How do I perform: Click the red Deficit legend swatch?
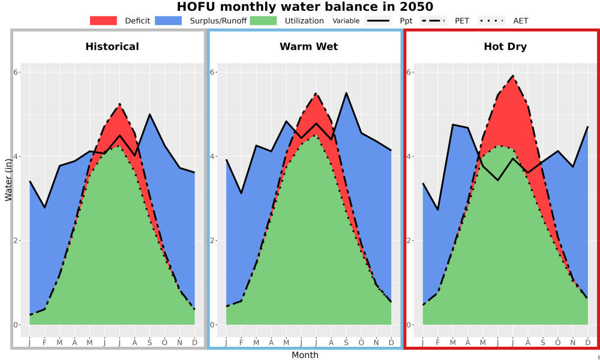point(103,20)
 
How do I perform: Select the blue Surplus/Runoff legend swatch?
point(169,20)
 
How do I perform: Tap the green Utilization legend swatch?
point(263,20)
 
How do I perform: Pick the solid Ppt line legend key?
point(378,20)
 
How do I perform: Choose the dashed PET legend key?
point(433,20)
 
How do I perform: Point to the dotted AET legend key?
point(491,20)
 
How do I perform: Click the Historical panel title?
point(112,47)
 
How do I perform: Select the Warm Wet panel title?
point(309,47)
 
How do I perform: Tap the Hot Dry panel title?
point(505,47)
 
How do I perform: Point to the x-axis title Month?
point(305,355)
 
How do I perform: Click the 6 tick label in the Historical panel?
point(16,73)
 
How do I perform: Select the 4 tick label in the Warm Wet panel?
point(212,157)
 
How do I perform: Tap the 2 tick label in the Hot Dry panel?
point(409,241)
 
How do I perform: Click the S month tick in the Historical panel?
point(149,343)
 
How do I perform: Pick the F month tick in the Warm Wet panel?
point(241,343)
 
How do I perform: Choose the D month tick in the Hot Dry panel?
point(588,343)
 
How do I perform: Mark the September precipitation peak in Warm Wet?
point(346,93)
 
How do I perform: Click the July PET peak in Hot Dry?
point(513,76)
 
